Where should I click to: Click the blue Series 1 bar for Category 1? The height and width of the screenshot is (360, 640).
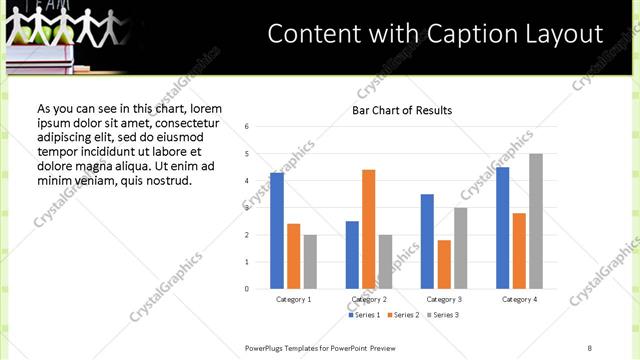pyautogui.click(x=277, y=231)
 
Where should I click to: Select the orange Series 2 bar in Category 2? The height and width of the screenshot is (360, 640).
pyautogui.click(x=368, y=229)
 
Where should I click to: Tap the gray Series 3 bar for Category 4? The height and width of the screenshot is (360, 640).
pyautogui.click(x=536, y=221)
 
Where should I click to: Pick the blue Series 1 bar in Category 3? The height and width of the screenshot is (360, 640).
pyautogui.click(x=427, y=241)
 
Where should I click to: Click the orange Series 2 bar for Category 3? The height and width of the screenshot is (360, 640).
pyautogui.click(x=444, y=264)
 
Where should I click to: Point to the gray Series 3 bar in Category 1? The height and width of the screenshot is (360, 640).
pyautogui.click(x=310, y=262)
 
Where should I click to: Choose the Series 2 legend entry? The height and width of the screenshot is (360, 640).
pyautogui.click(x=402, y=315)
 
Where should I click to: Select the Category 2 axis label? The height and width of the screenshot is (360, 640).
pyautogui.click(x=369, y=299)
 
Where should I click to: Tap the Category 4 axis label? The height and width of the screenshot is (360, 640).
pyautogui.click(x=519, y=299)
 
